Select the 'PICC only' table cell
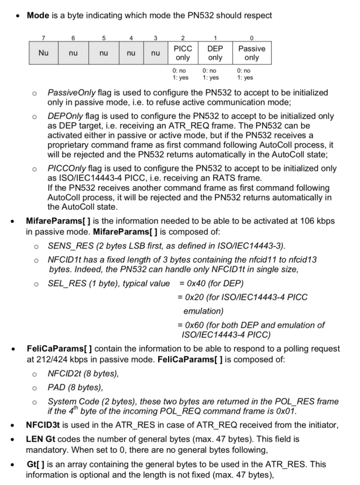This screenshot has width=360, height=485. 183,54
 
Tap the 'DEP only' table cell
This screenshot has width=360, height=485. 215,54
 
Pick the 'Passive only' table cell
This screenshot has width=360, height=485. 252,54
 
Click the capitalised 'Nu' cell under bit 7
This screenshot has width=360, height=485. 43,53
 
